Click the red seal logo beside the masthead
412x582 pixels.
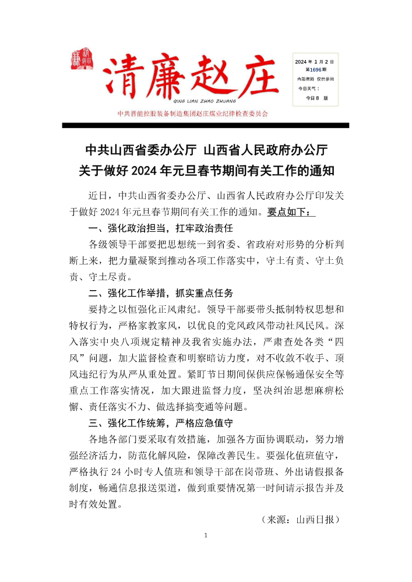pyautogui.click(x=79, y=59)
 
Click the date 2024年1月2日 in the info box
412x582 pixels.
pyautogui.click(x=315, y=61)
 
